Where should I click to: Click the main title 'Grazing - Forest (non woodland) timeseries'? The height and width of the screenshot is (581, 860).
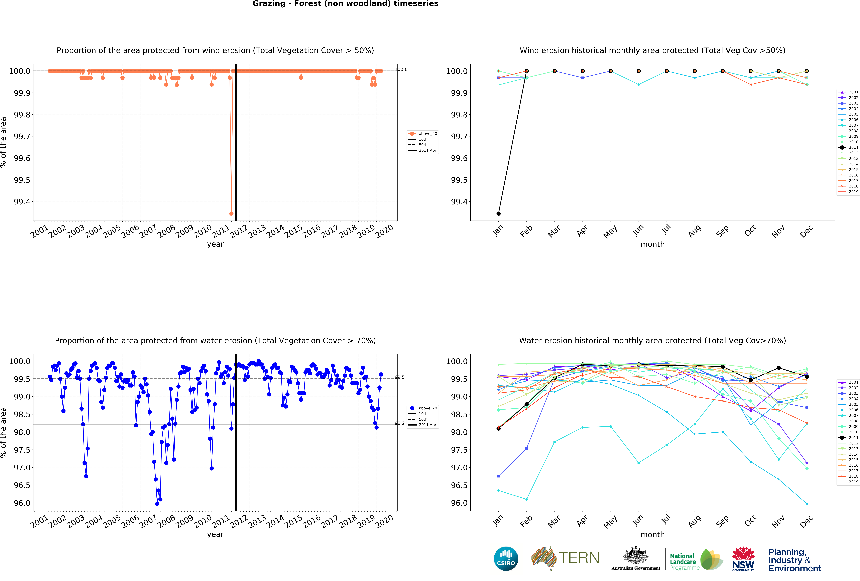coord(345,4)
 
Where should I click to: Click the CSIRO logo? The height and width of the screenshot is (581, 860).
coord(506,558)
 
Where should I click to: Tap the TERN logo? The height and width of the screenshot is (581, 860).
coord(565,558)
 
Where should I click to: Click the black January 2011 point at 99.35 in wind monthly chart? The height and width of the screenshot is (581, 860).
coord(498,213)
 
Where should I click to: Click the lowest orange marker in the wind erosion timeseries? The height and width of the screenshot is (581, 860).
coord(231,213)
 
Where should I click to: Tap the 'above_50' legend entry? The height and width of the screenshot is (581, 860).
coord(427,134)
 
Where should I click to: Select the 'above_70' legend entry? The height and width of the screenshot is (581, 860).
coord(427,408)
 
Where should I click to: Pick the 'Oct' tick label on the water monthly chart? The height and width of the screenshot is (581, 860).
coord(750,521)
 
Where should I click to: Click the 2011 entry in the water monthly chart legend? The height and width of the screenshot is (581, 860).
coord(853,437)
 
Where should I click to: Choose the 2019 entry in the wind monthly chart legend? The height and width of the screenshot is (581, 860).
coord(853,192)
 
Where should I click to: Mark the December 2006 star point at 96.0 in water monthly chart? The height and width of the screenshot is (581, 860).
coord(807,503)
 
